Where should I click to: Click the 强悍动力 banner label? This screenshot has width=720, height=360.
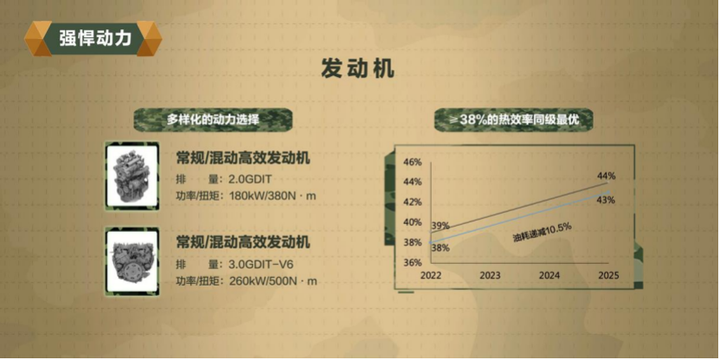95,39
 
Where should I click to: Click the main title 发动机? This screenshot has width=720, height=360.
357,69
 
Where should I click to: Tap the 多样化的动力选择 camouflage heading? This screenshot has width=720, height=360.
213,120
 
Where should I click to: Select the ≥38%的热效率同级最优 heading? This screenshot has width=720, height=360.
514,120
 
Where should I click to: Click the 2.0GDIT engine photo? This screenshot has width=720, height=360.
132,176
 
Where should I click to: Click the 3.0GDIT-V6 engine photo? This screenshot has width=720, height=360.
132,261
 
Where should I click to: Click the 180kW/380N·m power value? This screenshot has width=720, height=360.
273,196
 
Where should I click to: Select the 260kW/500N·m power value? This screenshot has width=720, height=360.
273,281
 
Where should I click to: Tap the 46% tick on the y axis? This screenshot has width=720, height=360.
412,163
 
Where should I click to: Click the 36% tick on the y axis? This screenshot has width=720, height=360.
412,263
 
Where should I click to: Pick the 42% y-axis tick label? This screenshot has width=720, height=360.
412,202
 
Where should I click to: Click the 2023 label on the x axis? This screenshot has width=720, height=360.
490,275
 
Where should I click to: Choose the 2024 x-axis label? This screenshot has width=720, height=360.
550,275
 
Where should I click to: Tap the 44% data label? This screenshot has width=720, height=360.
606,176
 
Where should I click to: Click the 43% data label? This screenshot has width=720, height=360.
606,200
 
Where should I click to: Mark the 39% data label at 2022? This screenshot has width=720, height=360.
440,226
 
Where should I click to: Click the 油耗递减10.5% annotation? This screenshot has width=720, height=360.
542,232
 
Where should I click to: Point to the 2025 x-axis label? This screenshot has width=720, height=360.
609,275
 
